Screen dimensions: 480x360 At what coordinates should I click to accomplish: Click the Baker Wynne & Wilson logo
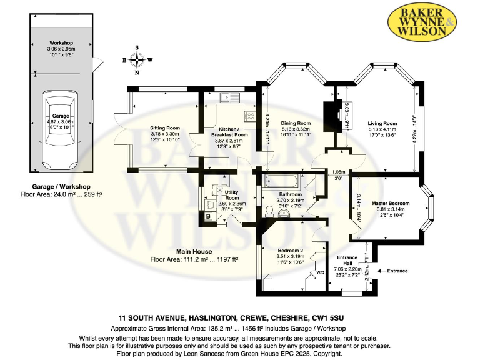pyautogui.click(x=422, y=21)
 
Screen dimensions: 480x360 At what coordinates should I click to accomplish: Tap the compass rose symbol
pyautogui.click(x=137, y=60)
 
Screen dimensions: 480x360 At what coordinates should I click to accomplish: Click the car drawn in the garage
pyautogui.click(x=60, y=130)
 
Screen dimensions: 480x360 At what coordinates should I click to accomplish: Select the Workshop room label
pyautogui.click(x=61, y=43)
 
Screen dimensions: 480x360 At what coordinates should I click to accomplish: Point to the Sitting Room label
pyautogui.click(x=165, y=128)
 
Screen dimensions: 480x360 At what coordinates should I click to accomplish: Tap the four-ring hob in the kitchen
pyautogui.click(x=250, y=116)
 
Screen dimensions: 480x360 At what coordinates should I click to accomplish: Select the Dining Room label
pyautogui.click(x=296, y=123)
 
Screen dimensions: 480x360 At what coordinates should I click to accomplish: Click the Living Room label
pyautogui.click(x=382, y=123)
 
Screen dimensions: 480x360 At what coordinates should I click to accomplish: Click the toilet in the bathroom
pyautogui.click(x=269, y=212)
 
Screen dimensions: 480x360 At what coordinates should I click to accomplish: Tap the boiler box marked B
pyautogui.click(x=209, y=216)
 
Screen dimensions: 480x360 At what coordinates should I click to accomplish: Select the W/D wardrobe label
pyautogui.click(x=320, y=272)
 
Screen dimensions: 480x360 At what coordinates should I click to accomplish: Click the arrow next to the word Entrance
pyautogui.click(x=381, y=271)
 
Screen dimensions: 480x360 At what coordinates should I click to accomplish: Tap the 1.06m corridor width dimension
pyautogui.click(x=338, y=172)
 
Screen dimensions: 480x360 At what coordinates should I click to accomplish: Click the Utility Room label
pyautogui.click(x=232, y=195)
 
